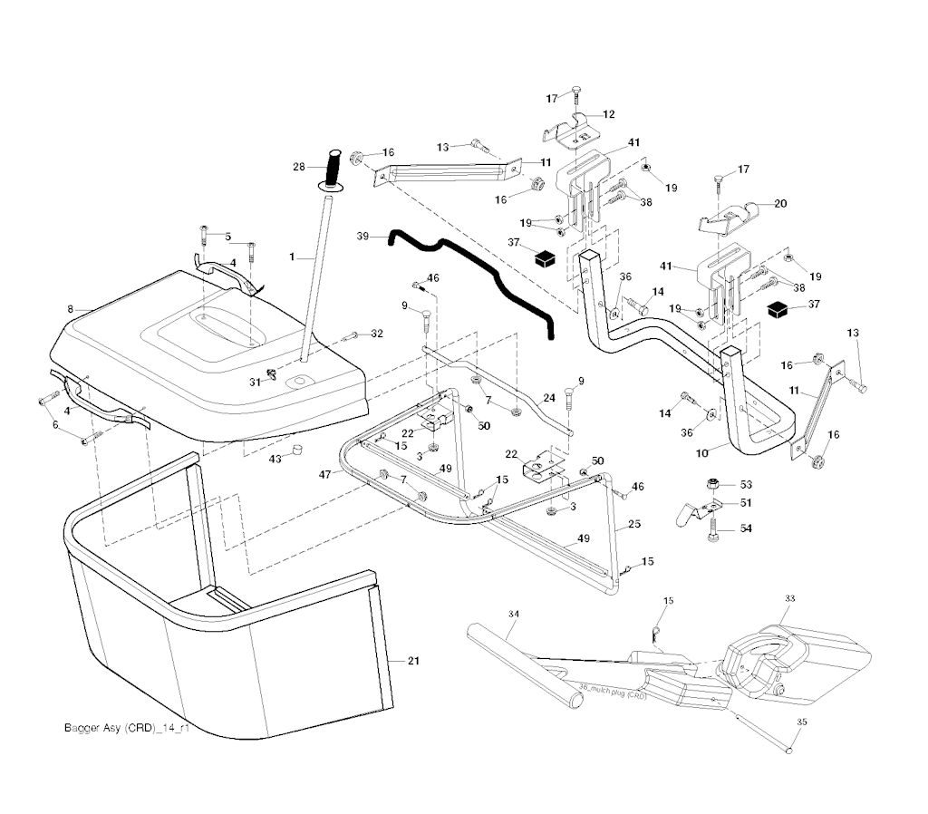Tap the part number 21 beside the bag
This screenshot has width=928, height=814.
click(x=413, y=661)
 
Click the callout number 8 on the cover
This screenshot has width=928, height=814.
click(x=70, y=310)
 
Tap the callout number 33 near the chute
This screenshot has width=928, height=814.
click(x=789, y=599)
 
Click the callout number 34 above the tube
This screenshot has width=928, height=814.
click(x=514, y=615)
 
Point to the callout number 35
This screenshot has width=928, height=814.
click(x=800, y=722)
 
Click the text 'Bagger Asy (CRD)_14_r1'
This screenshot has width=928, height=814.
click(x=128, y=728)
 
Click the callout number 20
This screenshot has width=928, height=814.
click(x=780, y=204)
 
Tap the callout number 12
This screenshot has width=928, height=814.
click(x=608, y=114)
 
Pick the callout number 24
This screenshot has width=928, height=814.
click(x=549, y=397)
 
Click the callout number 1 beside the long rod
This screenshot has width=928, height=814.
click(x=292, y=257)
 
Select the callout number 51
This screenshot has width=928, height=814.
click(x=746, y=502)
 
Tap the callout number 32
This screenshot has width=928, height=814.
click(x=377, y=334)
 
